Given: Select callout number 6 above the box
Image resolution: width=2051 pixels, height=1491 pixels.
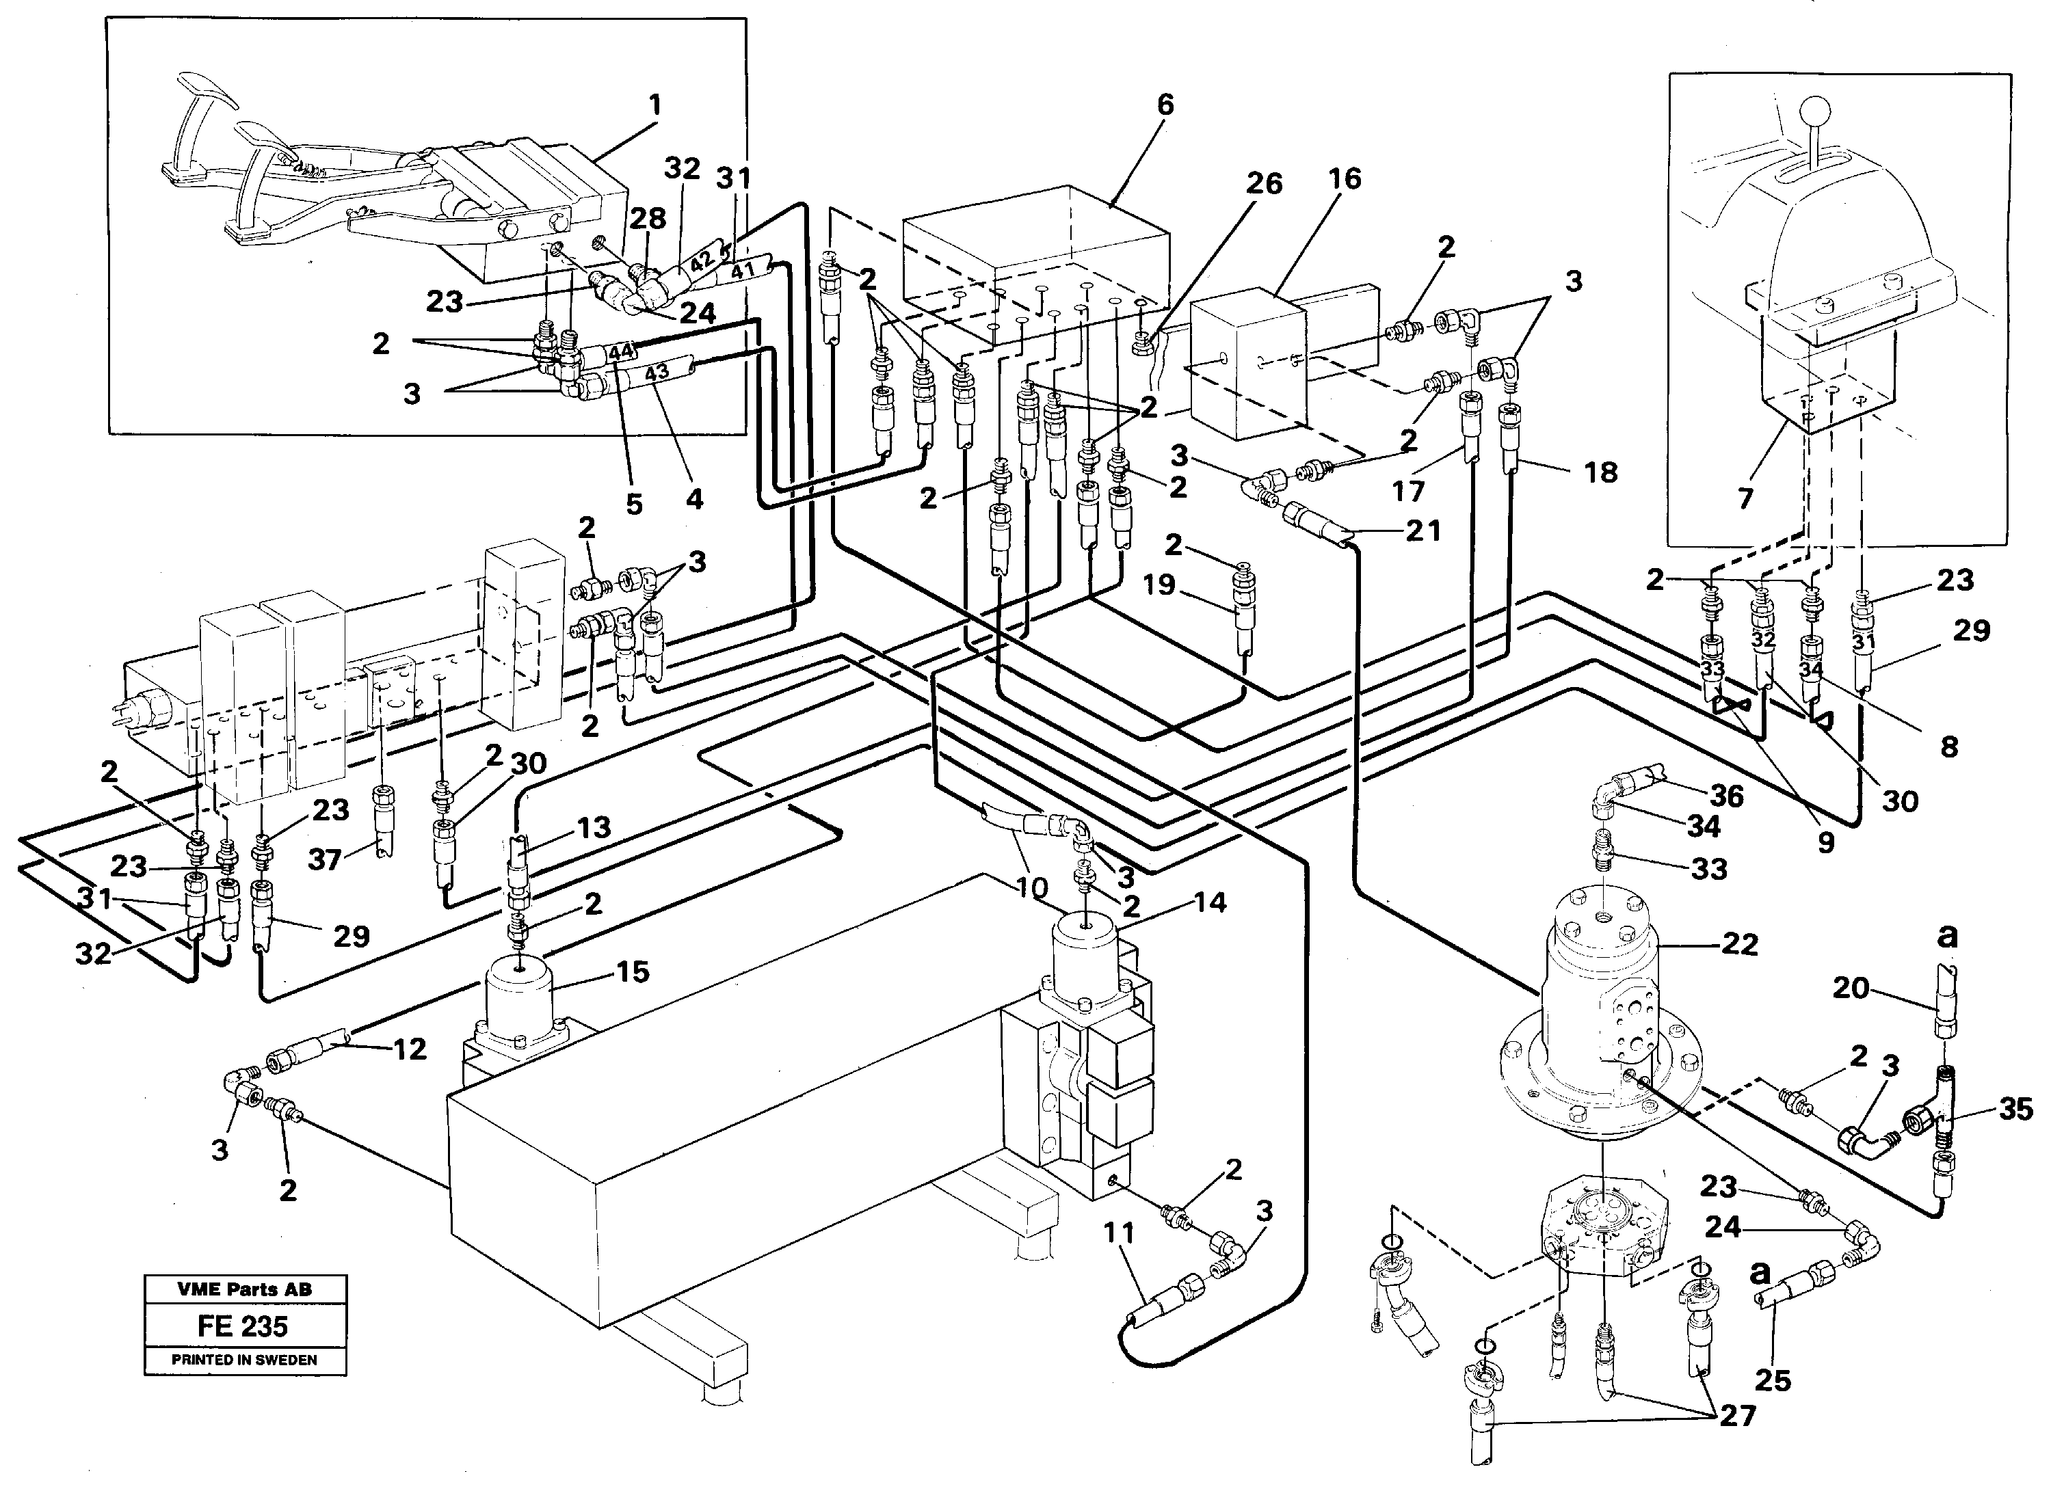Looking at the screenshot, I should coord(1165,105).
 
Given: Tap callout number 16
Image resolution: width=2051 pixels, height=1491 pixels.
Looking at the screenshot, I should coord(1344,179).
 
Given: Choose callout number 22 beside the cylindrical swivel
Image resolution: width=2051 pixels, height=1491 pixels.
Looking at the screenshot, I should coord(1739,945).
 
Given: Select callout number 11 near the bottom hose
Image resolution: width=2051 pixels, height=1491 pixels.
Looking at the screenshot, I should coord(1119,1233).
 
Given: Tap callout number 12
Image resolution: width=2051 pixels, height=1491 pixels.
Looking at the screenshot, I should coord(409,1049).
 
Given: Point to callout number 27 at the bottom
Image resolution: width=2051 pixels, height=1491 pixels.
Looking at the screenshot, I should coord(1737,1415).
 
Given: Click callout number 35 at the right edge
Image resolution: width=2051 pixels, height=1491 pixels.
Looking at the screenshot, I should coord(2015,1110).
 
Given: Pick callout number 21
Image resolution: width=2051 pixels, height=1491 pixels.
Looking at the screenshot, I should coord(1423,530).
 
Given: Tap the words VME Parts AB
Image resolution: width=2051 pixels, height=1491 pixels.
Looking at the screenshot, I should coord(244,1289).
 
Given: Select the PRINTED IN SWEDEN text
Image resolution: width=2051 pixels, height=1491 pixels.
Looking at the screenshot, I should coord(244,1360).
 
